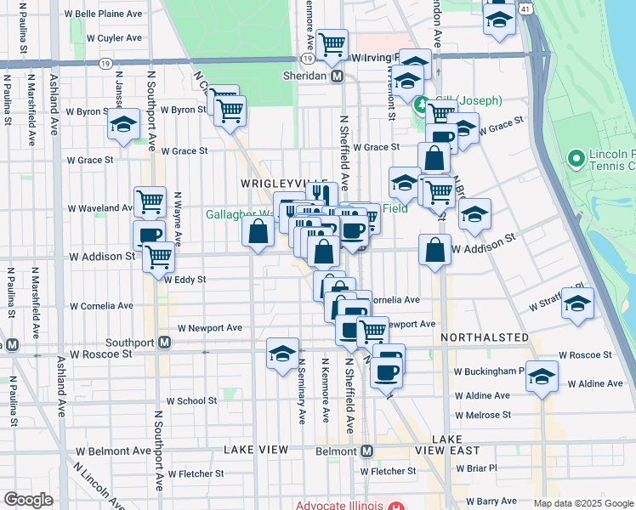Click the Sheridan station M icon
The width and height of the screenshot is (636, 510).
338,76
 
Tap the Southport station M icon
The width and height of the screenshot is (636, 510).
166,343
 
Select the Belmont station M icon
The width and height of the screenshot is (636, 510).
367,450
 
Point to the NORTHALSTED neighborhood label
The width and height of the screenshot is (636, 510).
484,337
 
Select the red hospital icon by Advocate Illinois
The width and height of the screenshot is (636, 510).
395,505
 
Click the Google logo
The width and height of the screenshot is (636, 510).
28,499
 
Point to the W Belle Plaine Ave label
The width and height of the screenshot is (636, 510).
103,14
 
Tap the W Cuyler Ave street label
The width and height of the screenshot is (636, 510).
114,38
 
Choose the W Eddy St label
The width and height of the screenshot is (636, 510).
185,279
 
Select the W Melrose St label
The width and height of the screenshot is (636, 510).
482,415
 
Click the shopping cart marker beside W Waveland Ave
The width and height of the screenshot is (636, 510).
150,201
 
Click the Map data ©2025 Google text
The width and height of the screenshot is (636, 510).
583,503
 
